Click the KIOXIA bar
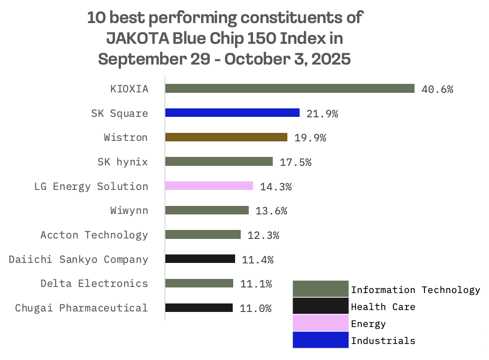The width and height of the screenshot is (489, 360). point(290,89)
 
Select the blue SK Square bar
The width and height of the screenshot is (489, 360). point(232,113)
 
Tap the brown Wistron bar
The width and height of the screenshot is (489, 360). point(226,137)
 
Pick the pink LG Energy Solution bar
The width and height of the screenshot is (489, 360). point(209,186)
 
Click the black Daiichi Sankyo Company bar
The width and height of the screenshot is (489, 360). point(200,259)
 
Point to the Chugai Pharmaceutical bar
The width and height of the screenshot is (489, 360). point(199,308)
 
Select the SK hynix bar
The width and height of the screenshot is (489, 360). point(219,162)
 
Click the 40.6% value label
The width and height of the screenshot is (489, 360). point(437,89)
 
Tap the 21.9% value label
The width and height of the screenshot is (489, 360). point(322,114)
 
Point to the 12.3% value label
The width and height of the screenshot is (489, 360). point(263,235)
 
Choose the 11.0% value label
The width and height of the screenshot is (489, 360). point(256,309)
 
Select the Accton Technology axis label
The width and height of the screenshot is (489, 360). point(94,235)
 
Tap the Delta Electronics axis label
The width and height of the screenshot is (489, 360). point(94,284)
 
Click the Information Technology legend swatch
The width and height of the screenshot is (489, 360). point(320,289)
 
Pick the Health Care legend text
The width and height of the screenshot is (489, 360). point(383,307)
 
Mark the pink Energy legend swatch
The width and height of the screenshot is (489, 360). point(320,323)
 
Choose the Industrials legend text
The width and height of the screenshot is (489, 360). point(383,341)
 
